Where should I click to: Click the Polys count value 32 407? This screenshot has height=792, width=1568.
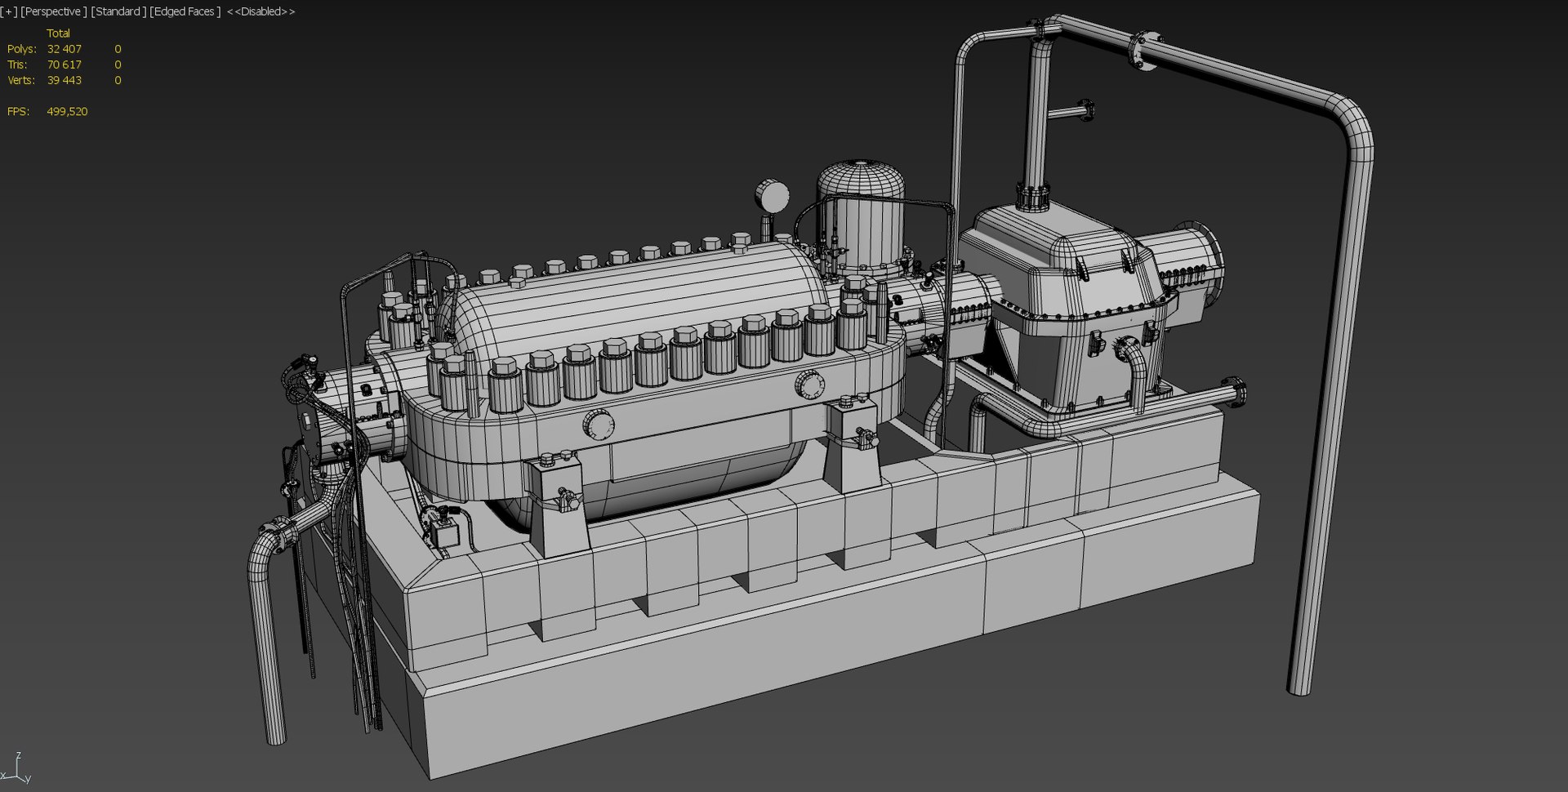64,49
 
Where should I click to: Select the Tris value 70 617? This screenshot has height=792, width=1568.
64,65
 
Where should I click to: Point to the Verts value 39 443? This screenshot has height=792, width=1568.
64,80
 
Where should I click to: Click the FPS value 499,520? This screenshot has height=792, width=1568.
67,111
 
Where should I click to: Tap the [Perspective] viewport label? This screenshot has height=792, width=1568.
53,11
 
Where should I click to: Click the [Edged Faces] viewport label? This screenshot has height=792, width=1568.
185,11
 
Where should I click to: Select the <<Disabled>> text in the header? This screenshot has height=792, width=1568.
261,11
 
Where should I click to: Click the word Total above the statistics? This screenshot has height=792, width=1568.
58,33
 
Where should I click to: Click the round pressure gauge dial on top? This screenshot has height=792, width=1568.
772,196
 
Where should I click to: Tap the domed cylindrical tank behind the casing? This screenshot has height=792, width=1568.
861,212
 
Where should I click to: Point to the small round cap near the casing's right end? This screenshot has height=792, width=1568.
809,384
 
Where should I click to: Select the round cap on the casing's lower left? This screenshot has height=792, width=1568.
598,425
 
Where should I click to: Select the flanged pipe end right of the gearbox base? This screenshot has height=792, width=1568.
1236,391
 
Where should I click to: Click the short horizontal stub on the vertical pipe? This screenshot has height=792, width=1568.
1070,112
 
